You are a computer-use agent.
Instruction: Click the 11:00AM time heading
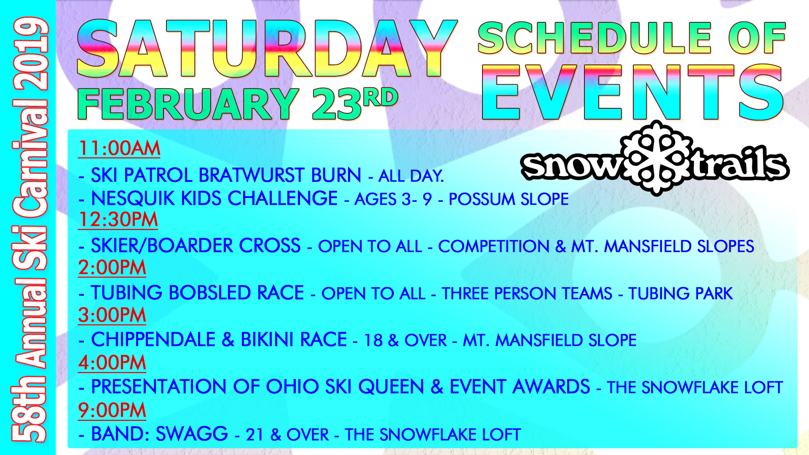[x=119, y=148]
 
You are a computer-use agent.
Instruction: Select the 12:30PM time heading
[x=118, y=219]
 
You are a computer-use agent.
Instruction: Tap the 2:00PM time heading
[x=112, y=268]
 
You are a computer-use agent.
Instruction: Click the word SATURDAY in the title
[x=267, y=49]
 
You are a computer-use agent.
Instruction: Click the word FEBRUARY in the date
[x=188, y=104]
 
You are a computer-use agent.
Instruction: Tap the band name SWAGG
[x=192, y=434]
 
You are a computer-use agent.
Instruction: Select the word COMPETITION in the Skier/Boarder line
[x=494, y=246]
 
